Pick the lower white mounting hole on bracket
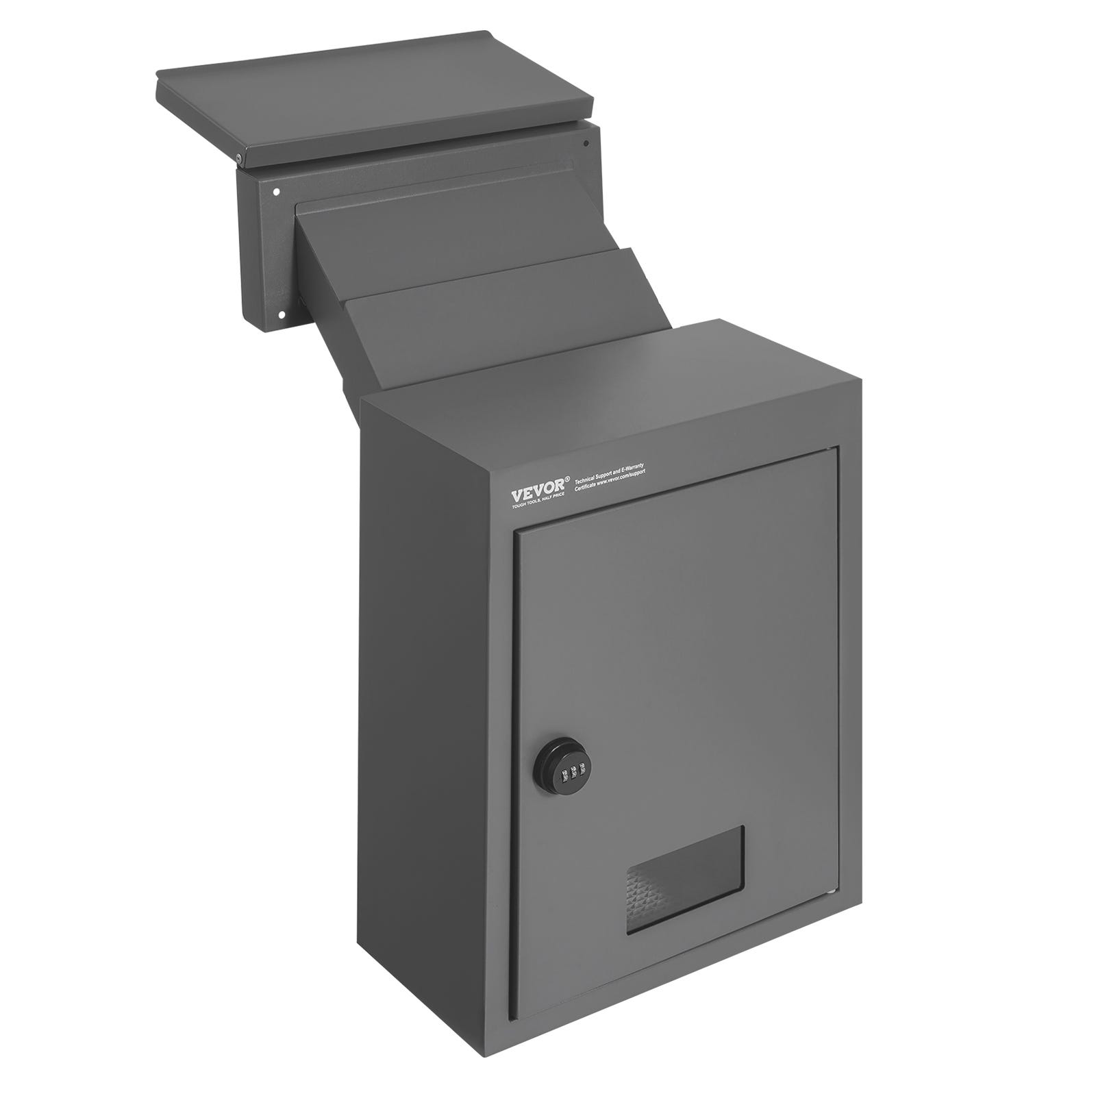(x=280, y=314)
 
